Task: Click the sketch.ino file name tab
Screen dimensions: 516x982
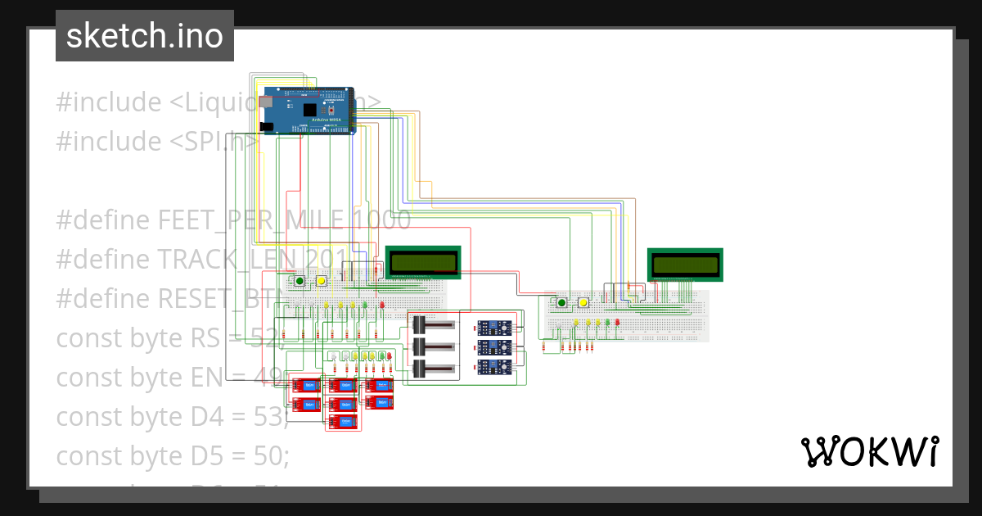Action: (144, 36)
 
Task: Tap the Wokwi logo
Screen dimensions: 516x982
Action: (869, 451)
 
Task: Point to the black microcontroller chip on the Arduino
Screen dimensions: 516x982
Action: (309, 110)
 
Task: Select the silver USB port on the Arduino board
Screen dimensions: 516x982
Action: (266, 103)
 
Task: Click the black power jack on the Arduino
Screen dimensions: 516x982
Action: (266, 126)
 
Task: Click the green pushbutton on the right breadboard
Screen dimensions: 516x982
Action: (561, 303)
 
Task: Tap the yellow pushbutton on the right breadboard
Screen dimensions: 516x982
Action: (583, 303)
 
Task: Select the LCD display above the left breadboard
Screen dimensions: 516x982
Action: (423, 262)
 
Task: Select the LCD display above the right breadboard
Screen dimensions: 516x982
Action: (686, 265)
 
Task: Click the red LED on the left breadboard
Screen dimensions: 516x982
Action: (381, 306)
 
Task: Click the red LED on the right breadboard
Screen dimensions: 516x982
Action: (618, 323)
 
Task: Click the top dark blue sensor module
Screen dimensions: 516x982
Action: (494, 328)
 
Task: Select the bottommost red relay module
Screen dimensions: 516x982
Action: (343, 422)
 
